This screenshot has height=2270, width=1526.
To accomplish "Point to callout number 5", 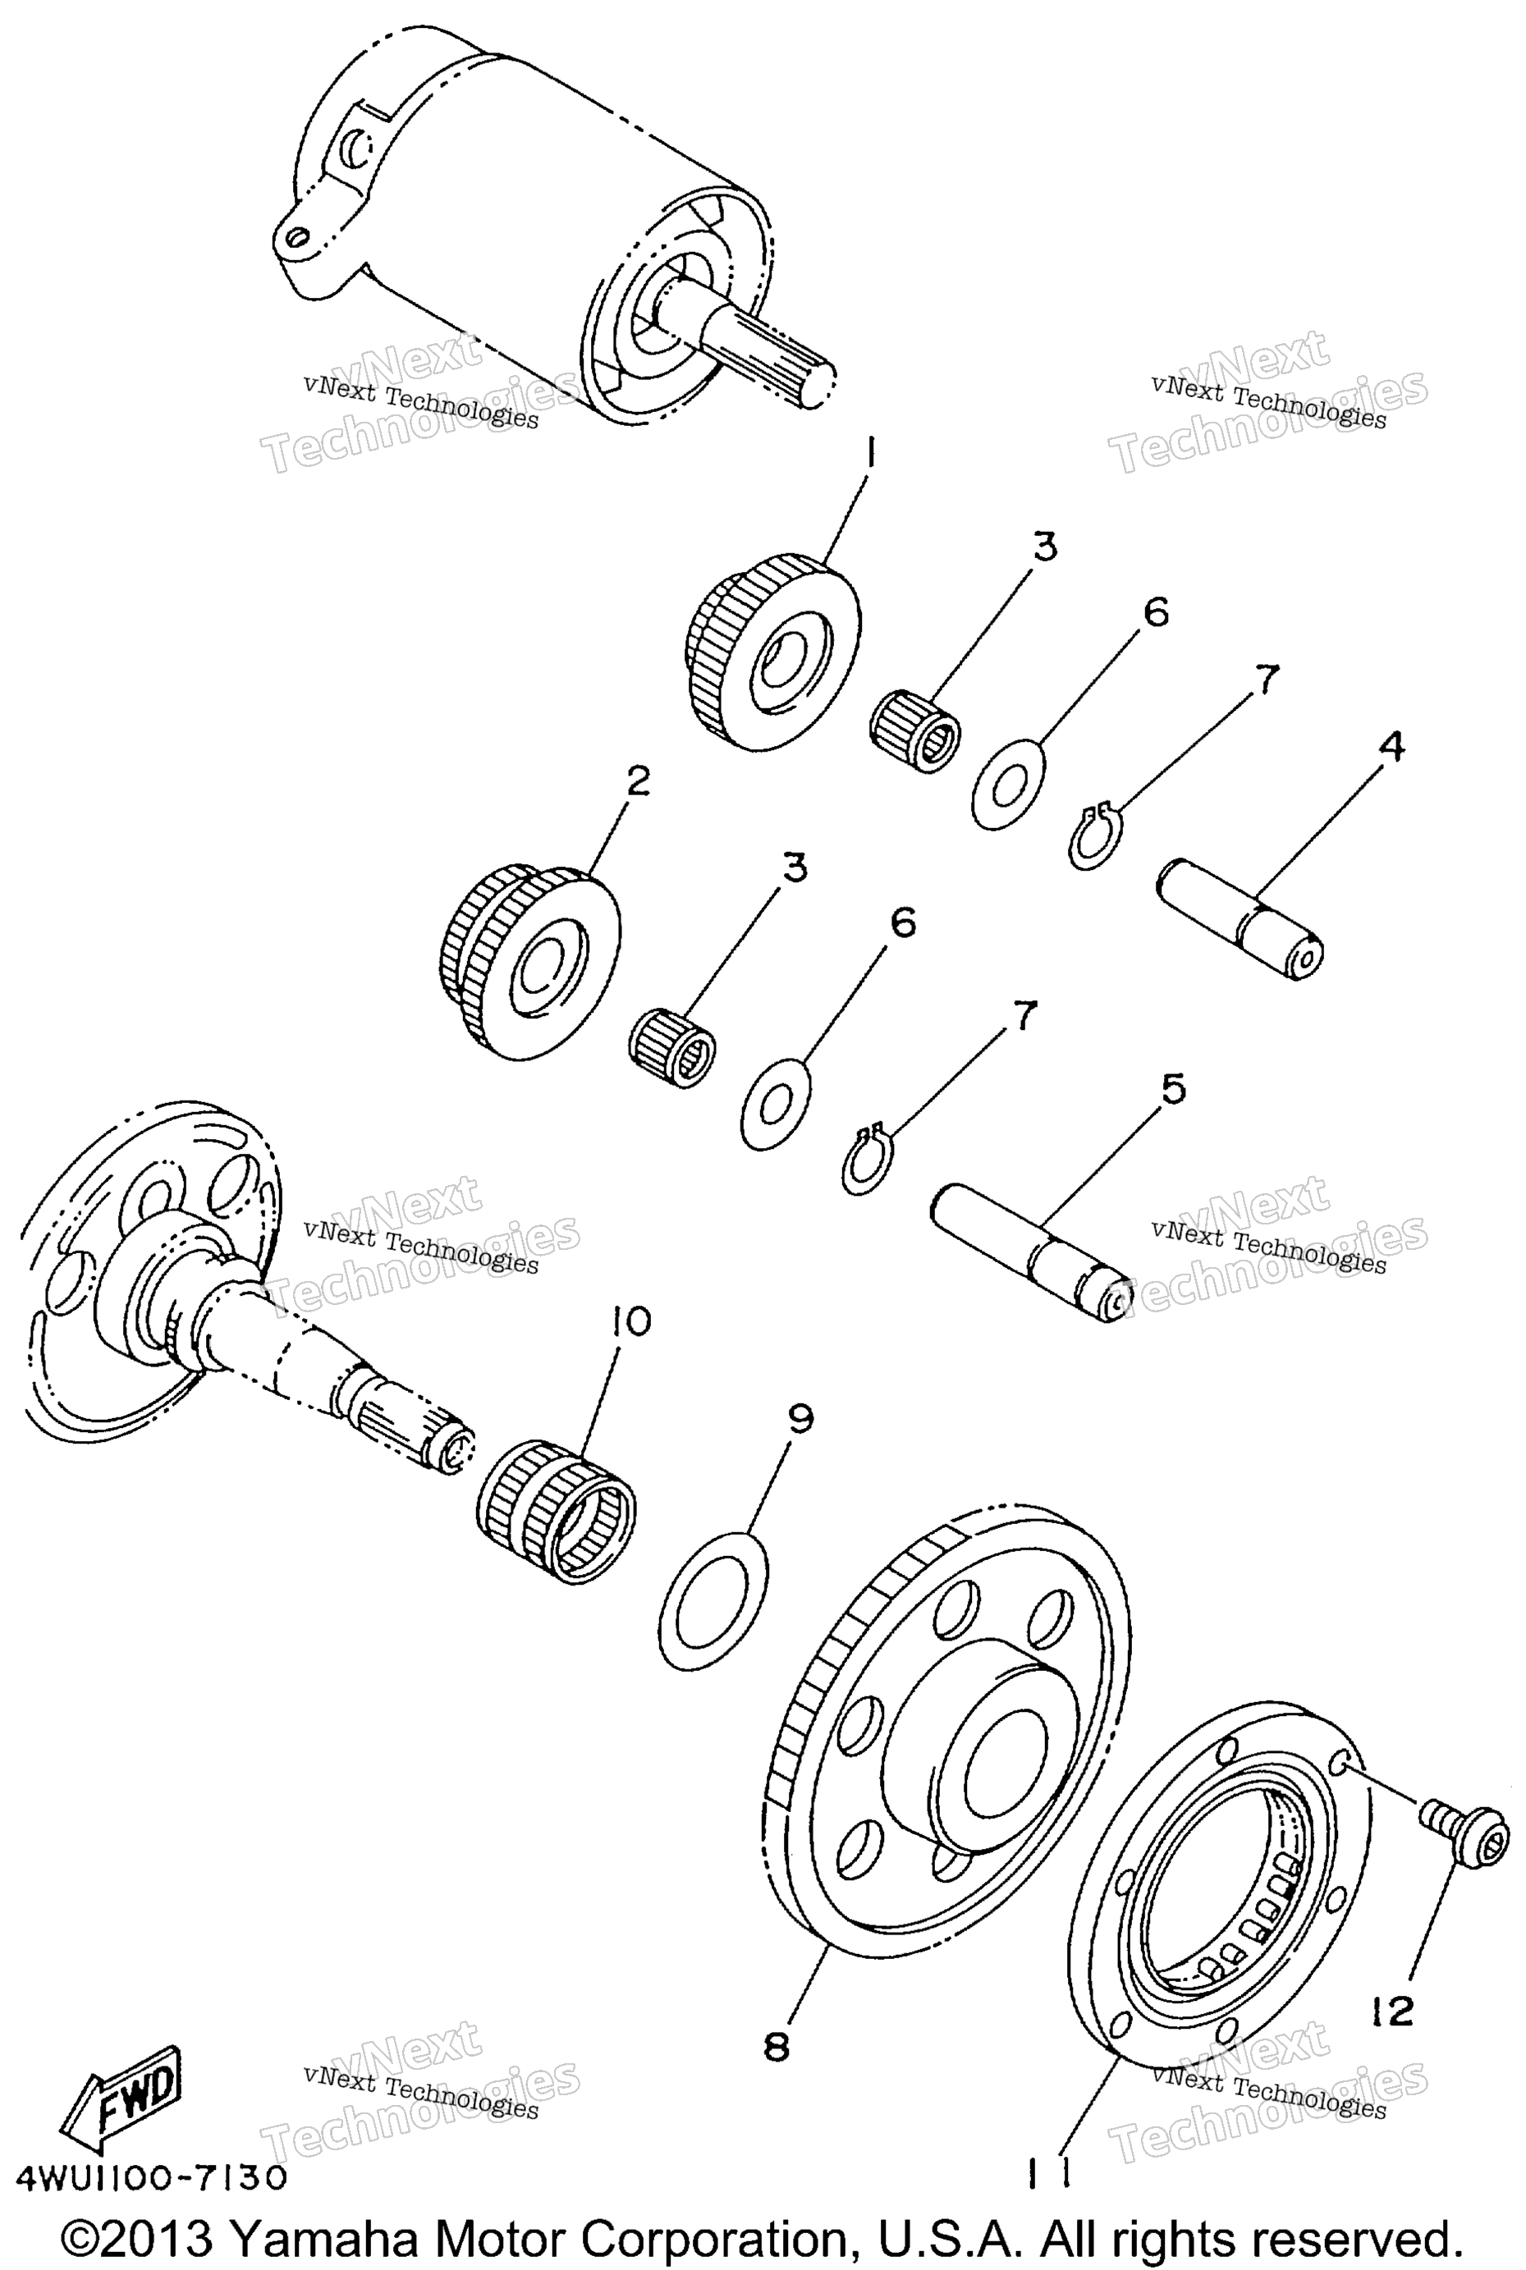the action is (1174, 1087).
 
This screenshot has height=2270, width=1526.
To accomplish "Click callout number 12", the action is (1393, 2009).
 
